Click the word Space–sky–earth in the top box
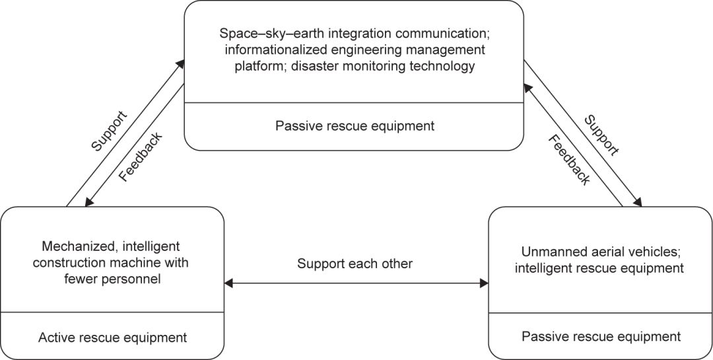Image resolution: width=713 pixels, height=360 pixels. tap(258, 32)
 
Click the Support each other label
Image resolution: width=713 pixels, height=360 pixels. tap(355, 264)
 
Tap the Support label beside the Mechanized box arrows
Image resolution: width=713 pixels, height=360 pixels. tap(110, 133)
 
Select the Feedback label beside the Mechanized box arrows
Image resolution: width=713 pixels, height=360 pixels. tap(140, 158)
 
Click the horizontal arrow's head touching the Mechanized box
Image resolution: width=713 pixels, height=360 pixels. tap(228, 283)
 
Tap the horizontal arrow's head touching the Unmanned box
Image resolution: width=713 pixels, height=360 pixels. tap(484, 283)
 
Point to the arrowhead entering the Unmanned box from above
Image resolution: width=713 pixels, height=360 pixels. tap(638, 203)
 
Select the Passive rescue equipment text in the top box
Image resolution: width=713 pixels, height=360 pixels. tap(355, 126)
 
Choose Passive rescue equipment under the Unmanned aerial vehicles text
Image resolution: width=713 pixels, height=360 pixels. tap(601, 336)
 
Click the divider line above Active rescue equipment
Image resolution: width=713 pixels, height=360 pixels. tap(112, 312)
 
